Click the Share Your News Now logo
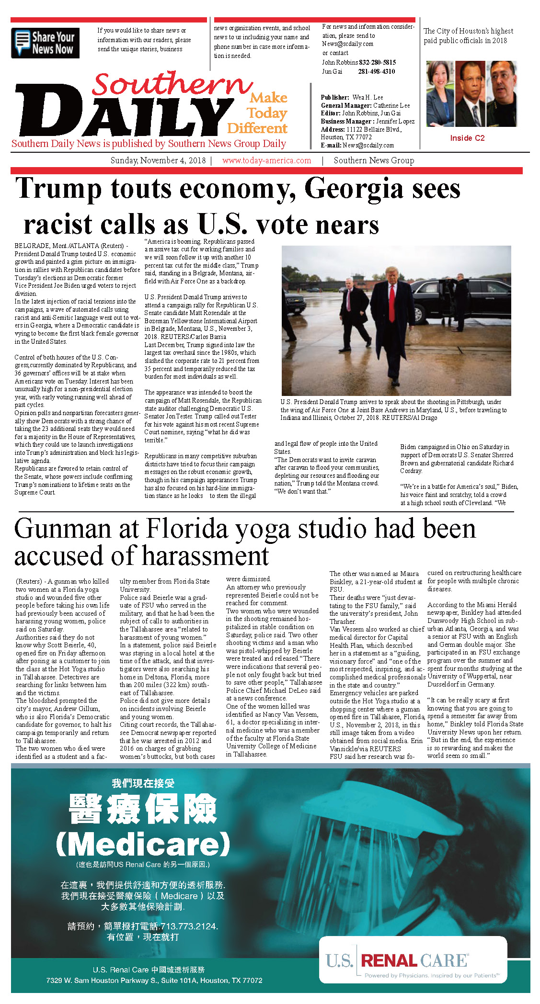coord(45,43)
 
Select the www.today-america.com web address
coord(266,160)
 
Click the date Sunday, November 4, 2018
coord(158,160)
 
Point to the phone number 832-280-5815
coord(377,62)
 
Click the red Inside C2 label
coord(467,138)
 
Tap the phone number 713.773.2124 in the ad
coord(188,926)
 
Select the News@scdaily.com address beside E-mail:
coord(368,145)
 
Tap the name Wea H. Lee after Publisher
coord(368,97)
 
